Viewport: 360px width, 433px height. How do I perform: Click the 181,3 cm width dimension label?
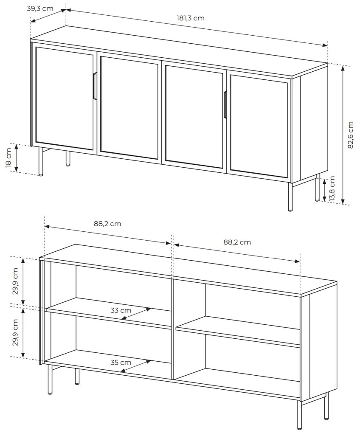pos(191,18)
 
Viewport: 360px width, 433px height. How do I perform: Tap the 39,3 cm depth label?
pos(40,8)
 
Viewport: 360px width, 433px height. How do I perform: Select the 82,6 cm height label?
pos(350,135)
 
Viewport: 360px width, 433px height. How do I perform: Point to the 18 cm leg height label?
pos(8,157)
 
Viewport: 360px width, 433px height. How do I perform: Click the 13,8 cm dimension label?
pos(332,188)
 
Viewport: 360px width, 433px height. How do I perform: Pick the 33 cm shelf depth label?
pos(121,310)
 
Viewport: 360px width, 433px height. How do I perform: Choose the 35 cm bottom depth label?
pos(121,362)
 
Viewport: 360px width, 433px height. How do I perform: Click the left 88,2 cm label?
pos(107,224)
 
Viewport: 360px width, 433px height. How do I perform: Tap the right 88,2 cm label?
pos(237,242)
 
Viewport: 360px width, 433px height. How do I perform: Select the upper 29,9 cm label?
pos(15,281)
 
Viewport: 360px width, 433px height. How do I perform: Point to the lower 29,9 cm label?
pos(15,332)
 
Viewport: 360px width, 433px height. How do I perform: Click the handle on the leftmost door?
pos(95,86)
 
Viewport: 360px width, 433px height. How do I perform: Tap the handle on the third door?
pos(225,105)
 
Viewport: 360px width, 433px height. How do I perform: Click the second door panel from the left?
pos(129,108)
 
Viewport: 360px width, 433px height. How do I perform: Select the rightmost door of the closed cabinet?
pos(259,126)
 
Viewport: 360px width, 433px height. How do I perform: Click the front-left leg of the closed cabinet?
pos(41,162)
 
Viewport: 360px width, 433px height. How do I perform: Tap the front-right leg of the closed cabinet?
pos(290,197)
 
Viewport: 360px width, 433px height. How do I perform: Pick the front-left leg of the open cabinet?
pos(50,379)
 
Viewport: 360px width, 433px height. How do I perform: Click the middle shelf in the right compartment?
pos(238,332)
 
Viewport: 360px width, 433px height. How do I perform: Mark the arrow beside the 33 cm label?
pos(136,314)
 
